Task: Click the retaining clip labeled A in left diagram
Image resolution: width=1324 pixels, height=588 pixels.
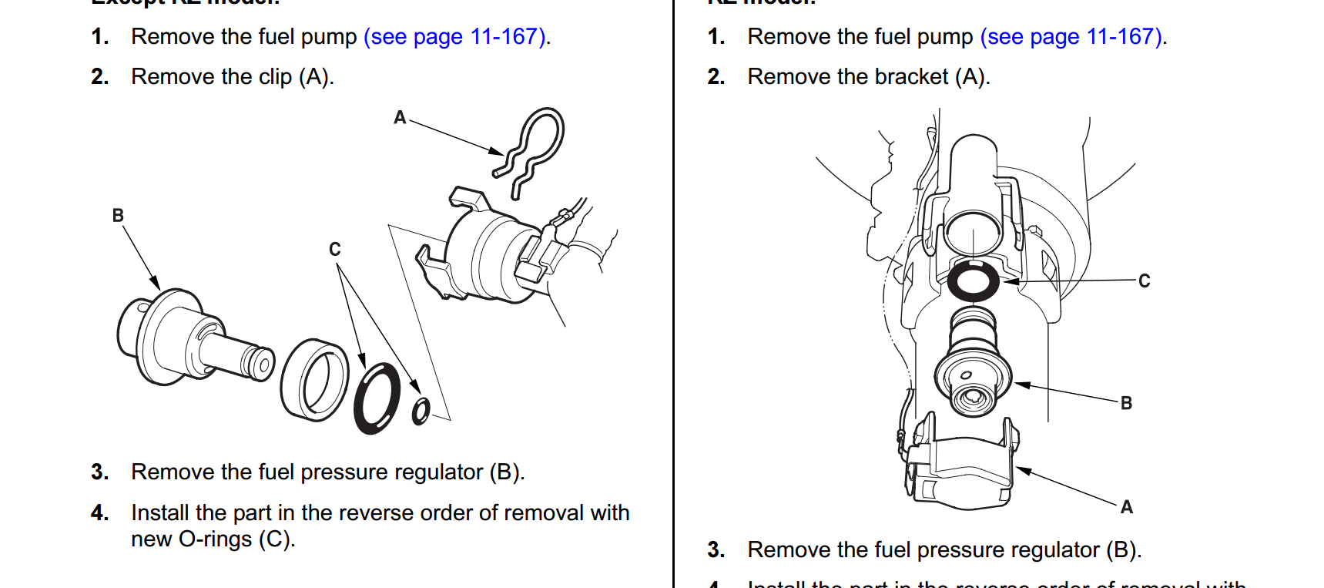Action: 531,150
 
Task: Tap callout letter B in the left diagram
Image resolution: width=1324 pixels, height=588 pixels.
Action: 118,216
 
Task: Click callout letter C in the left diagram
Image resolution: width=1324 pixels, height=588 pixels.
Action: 334,250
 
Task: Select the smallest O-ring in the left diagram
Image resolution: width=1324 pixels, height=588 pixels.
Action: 421,411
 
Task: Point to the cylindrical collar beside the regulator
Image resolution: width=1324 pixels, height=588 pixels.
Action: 314,379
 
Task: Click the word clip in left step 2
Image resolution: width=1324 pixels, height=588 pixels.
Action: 275,77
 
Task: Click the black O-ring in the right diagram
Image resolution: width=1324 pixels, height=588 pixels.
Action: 973,281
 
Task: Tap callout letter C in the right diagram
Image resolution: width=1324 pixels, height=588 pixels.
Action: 1144,281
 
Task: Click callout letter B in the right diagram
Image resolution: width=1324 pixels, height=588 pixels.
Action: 1126,403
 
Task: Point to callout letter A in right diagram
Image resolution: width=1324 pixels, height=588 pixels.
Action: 1126,507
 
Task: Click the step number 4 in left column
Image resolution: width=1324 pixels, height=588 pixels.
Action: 99,513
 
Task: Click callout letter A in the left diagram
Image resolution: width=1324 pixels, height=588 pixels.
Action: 400,118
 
